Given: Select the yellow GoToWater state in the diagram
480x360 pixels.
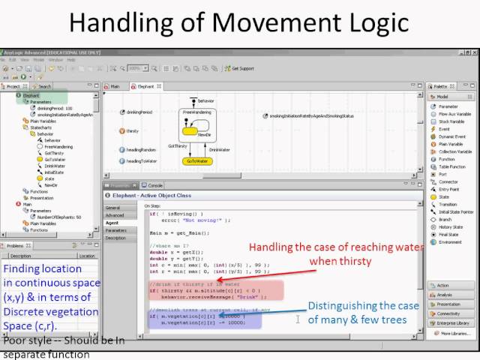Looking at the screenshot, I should (x=199, y=160).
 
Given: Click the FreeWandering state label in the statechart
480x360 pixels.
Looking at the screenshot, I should (x=196, y=111).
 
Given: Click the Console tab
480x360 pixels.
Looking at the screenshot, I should (x=154, y=184).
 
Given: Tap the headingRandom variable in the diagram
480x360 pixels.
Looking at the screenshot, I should (x=140, y=150).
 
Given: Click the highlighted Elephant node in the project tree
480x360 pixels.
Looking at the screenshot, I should (x=31, y=96).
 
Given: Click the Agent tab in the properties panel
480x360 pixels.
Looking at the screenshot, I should (x=112, y=222).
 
